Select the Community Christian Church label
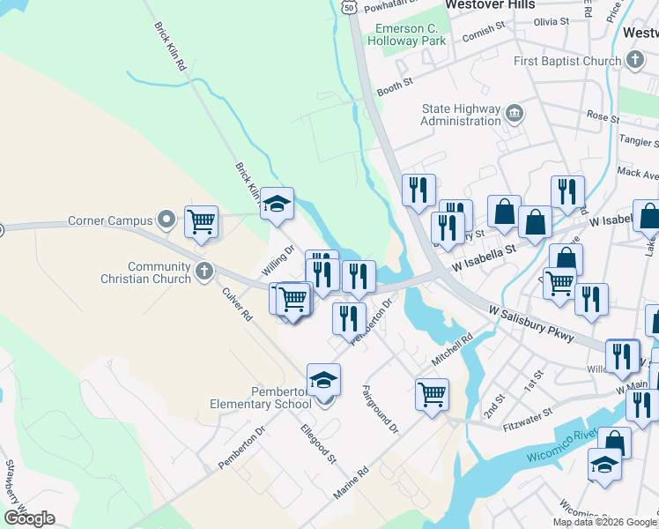159,272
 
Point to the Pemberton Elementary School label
260,398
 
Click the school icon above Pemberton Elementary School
323,380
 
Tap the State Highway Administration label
461,115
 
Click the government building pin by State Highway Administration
515,114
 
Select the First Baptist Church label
567,61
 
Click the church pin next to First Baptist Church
633,61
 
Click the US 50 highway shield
349,7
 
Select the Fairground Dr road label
381,408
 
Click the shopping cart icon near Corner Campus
202,221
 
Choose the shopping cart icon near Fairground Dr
432,393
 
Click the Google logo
29,518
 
